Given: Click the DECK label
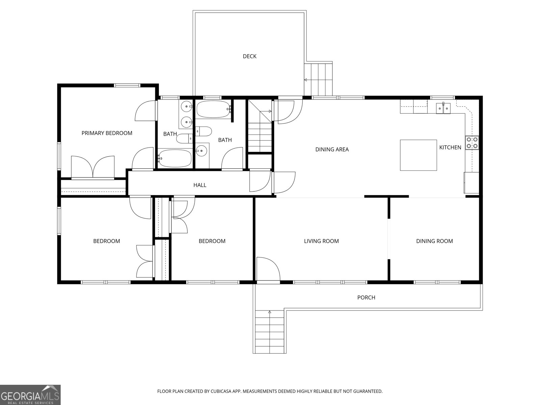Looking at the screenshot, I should coord(249,56).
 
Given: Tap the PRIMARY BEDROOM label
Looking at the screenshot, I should coord(107,133).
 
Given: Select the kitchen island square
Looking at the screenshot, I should coord(418,155).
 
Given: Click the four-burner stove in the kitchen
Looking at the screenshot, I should coord(472,142).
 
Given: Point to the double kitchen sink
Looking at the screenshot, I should coord(443,107).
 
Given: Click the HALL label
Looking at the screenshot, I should coord(200,185).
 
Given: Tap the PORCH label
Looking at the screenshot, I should coord(366,297).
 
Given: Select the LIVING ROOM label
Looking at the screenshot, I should coord(321,241).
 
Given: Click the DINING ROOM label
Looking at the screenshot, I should coord(434,241).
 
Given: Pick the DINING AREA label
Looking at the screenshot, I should coord(332,149).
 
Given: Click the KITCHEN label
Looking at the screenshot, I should coord(450,147).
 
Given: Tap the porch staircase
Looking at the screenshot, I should coord(269,332).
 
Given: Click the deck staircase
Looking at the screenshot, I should coord(318,79).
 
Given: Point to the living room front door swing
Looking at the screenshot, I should coord(267,269).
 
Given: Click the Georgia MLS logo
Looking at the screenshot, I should coord(30,395).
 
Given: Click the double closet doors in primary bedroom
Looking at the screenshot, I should coord(93,166).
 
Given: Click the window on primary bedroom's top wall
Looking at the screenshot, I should coord(127,85).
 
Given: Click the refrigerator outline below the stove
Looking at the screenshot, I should coord(471,183).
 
